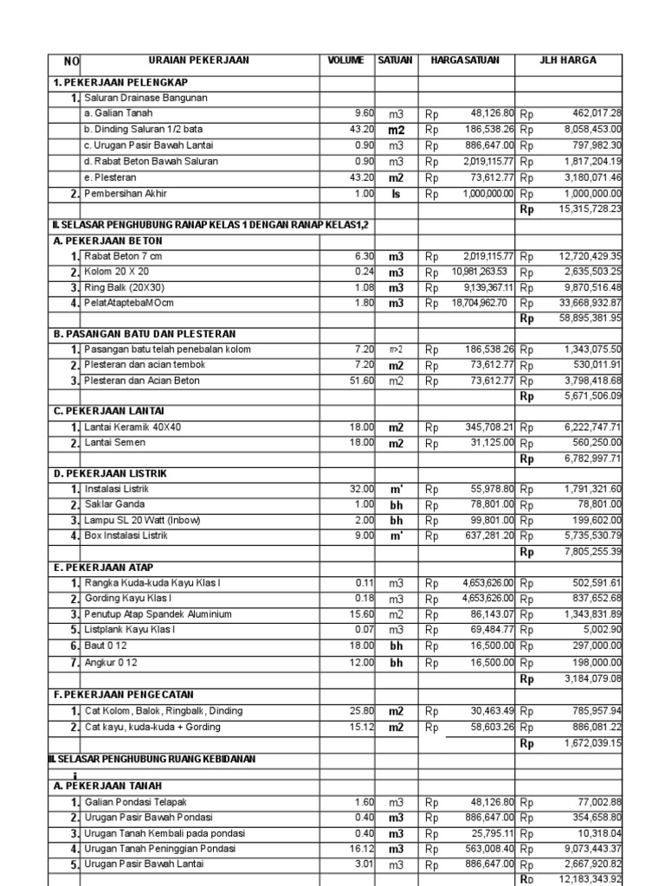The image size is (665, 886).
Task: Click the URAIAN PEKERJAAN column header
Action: (x=199, y=61)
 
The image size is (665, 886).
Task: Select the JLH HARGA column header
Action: (x=569, y=61)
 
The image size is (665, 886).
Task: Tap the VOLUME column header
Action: (x=347, y=61)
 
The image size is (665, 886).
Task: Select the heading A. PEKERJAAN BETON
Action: (x=107, y=241)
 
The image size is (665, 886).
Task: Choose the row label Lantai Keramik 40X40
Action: (x=132, y=427)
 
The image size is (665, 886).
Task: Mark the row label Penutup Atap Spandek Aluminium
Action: (x=158, y=614)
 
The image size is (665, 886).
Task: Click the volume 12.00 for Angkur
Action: (x=361, y=662)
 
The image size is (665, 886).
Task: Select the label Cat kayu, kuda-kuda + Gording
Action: (x=151, y=727)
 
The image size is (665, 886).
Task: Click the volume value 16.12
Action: (x=361, y=850)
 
